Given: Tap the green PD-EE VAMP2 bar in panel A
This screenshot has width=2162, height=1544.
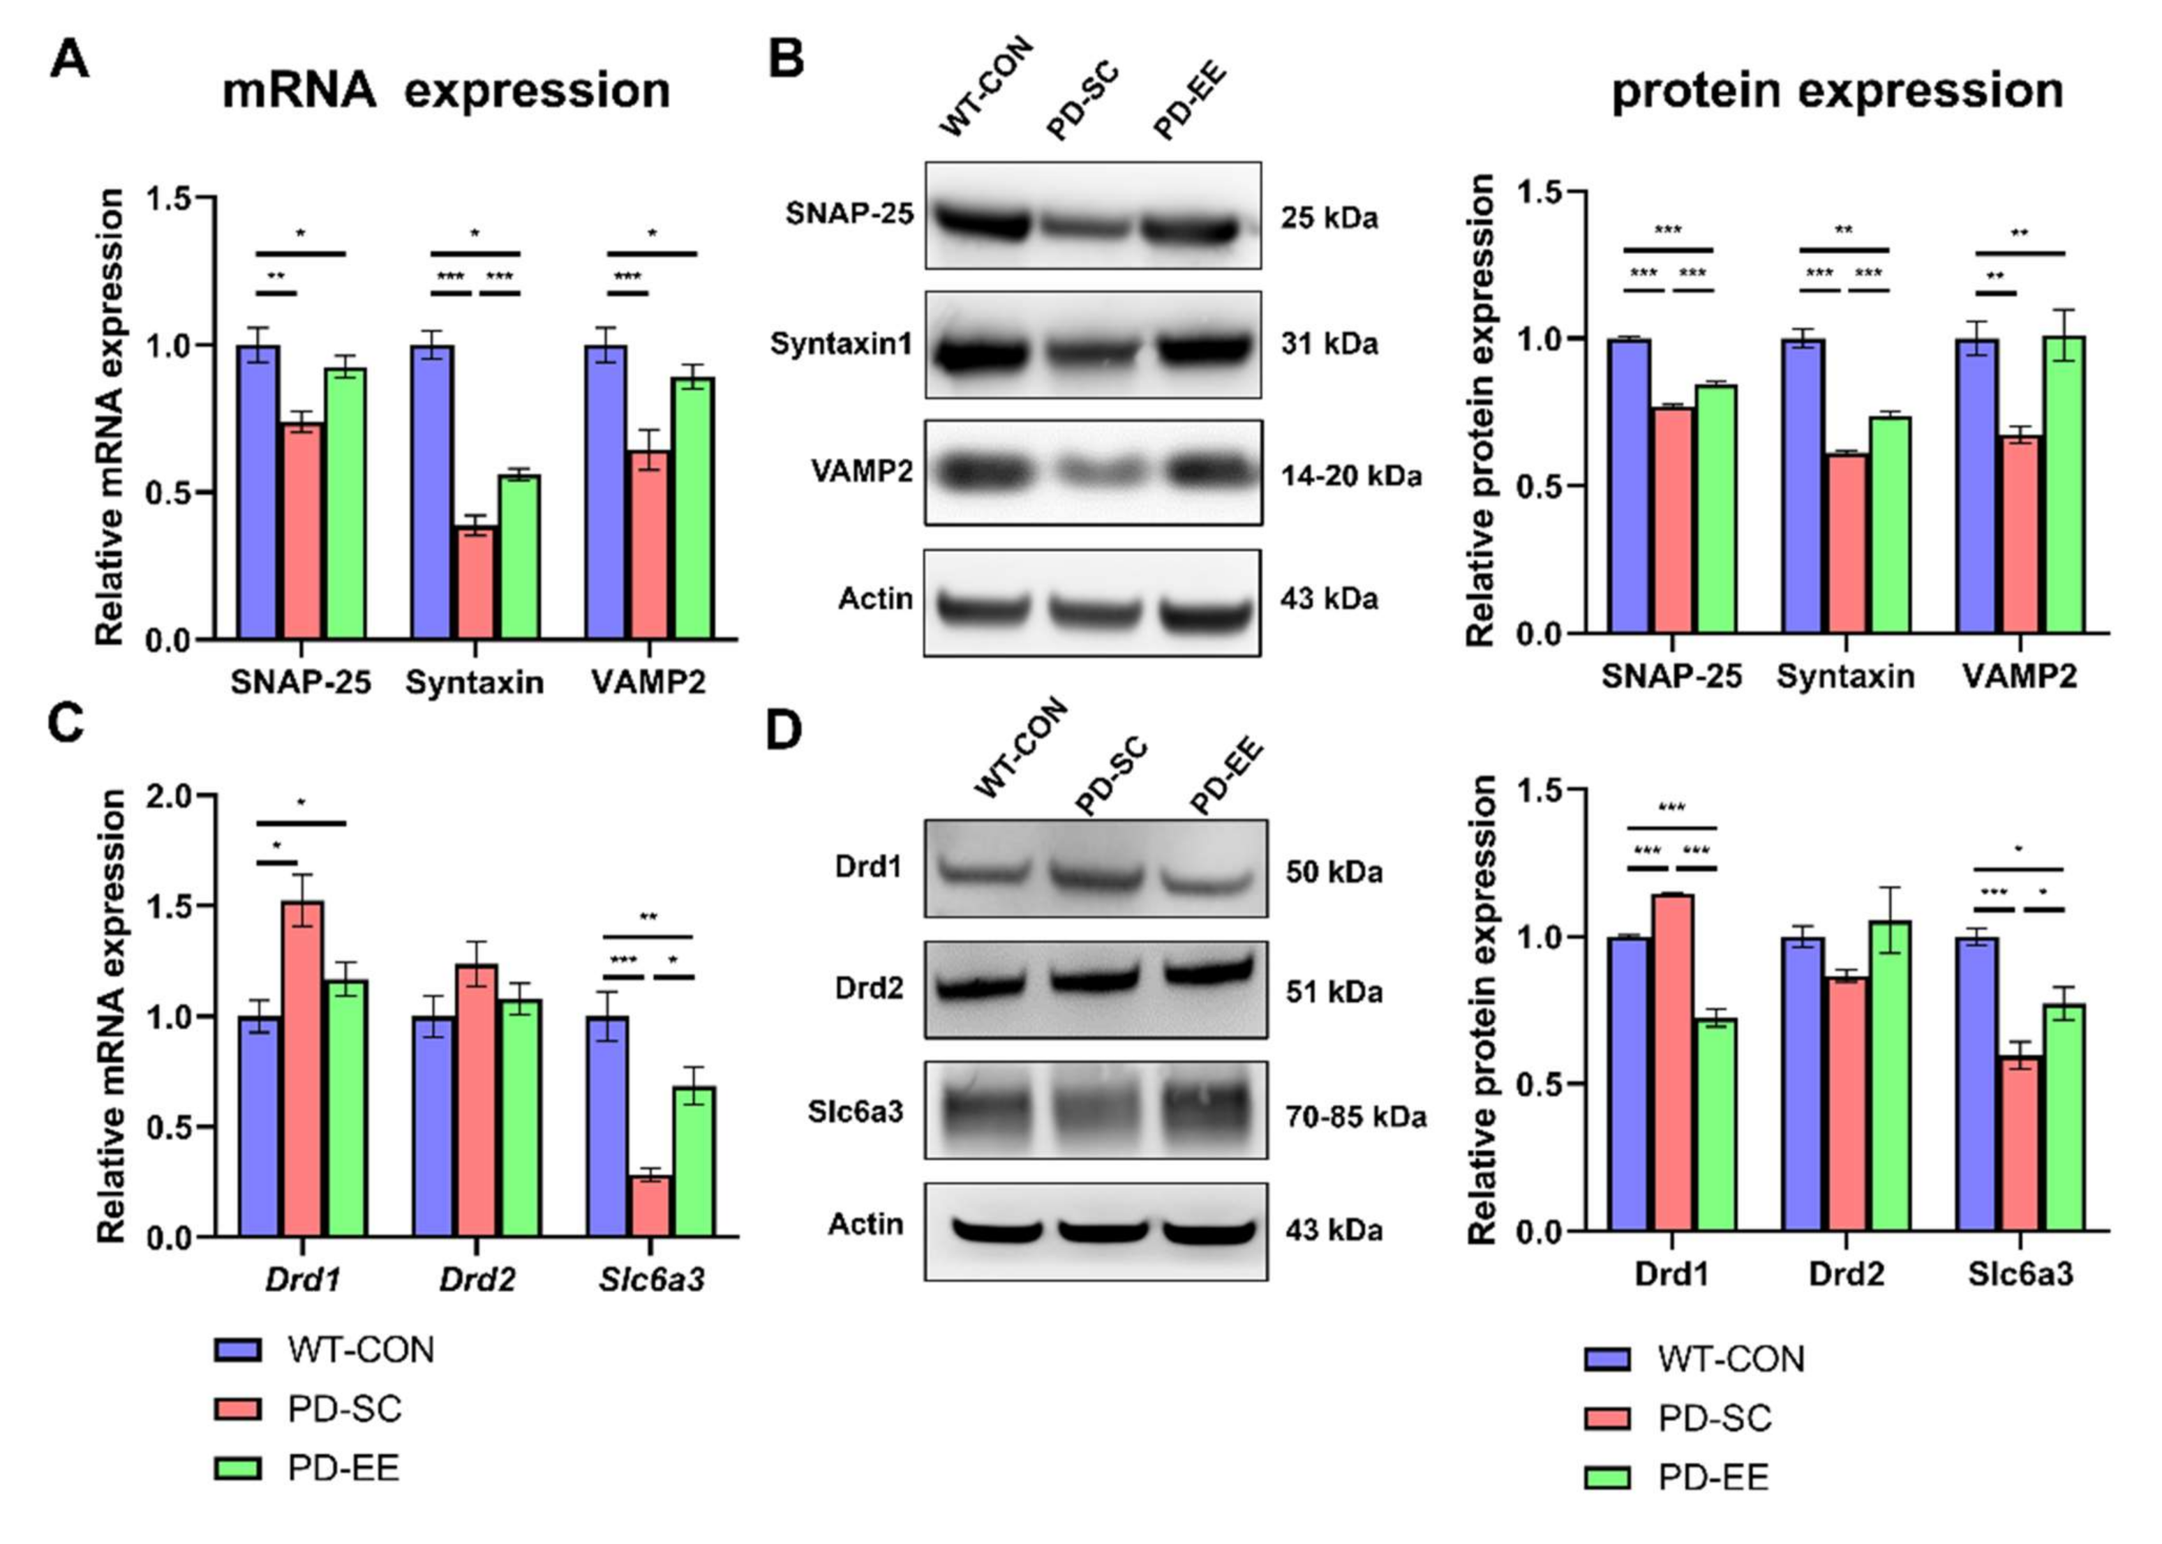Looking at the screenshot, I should click(692, 509).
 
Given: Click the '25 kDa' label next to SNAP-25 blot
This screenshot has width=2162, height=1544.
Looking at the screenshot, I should click(1328, 218).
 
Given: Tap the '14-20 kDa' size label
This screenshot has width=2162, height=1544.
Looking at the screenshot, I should click(1350, 474).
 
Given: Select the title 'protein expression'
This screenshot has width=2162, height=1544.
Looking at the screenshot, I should click(1837, 91).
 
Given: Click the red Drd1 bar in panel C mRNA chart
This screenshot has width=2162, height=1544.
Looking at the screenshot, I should click(302, 1069).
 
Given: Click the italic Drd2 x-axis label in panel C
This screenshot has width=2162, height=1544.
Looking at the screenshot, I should click(477, 1279).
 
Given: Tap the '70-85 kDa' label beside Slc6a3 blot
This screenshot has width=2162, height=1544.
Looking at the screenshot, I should click(1355, 1116).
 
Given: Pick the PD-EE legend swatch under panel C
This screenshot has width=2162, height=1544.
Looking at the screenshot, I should click(238, 1468).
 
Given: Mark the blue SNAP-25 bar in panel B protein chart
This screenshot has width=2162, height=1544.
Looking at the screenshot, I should click(1627, 486).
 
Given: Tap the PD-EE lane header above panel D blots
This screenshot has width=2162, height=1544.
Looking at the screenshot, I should click(1226, 778).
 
